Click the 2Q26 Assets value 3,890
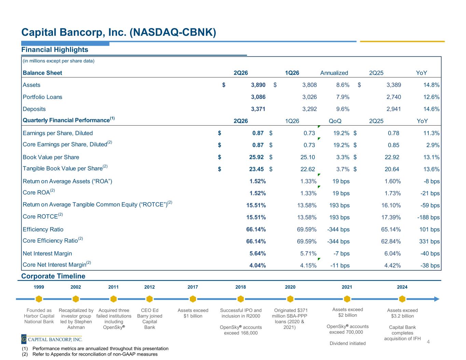[258, 85]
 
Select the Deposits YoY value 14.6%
[431, 109]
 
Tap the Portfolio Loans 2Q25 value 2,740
[394, 97]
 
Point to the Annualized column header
[334, 73]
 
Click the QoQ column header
[335, 121]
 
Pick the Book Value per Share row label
[51, 157]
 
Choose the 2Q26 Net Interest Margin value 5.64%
[257, 254]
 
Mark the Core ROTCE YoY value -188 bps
[428, 217]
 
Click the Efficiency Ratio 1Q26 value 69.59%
[307, 230]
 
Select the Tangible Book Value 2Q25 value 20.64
[392, 169]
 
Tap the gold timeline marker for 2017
[193, 299]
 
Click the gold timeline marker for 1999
[39, 299]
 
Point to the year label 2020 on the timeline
[290, 287]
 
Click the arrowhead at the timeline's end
[437, 299]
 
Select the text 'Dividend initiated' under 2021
[348, 343]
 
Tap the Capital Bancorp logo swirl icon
[24, 339]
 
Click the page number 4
[428, 342]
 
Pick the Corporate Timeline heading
[53, 276]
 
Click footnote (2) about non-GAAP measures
[90, 354]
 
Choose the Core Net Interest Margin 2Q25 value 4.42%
[393, 265]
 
